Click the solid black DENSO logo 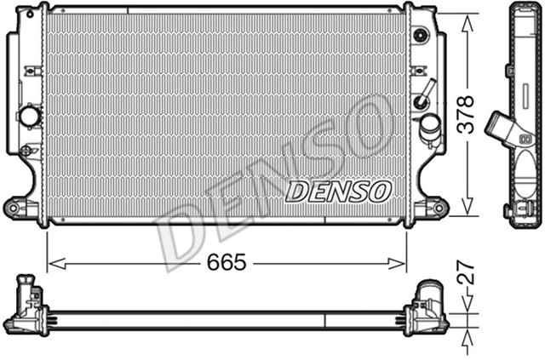[338, 191]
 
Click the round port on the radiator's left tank [30, 116]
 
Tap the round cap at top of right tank [420, 35]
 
